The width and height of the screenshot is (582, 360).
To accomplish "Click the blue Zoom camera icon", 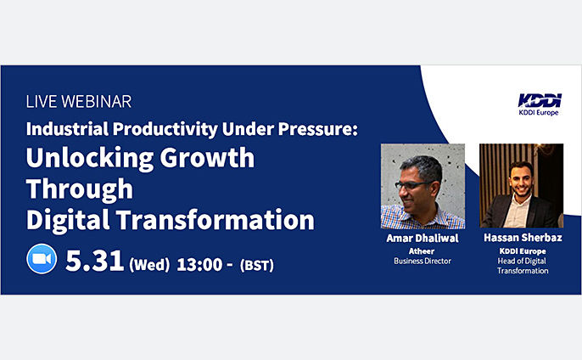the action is [42, 259].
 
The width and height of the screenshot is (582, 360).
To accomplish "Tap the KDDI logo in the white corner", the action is [540, 104].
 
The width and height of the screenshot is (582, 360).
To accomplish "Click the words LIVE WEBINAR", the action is [79, 101].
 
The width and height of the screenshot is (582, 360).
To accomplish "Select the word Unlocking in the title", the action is [90, 159].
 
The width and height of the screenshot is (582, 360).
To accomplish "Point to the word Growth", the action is [208, 158].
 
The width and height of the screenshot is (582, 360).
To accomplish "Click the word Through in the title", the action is [80, 189].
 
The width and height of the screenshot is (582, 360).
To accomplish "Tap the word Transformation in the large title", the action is [215, 220].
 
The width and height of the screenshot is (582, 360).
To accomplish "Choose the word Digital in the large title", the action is [68, 221].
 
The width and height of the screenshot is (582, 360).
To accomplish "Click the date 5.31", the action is [95, 261].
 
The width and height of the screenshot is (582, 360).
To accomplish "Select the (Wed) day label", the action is [149, 265].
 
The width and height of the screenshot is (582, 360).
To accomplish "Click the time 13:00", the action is [199, 265].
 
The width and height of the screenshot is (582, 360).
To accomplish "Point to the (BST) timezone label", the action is [257, 265].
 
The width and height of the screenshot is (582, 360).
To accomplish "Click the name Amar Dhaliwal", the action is [423, 238].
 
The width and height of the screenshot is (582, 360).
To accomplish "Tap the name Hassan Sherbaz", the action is [523, 238].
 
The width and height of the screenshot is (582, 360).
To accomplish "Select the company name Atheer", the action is [422, 251].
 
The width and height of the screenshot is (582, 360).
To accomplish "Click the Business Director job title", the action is [423, 261].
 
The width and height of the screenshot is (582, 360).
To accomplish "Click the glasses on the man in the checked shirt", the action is [412, 184].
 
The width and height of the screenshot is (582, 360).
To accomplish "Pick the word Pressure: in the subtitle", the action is [318, 129].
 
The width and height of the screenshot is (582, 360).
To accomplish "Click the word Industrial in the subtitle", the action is [67, 129].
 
